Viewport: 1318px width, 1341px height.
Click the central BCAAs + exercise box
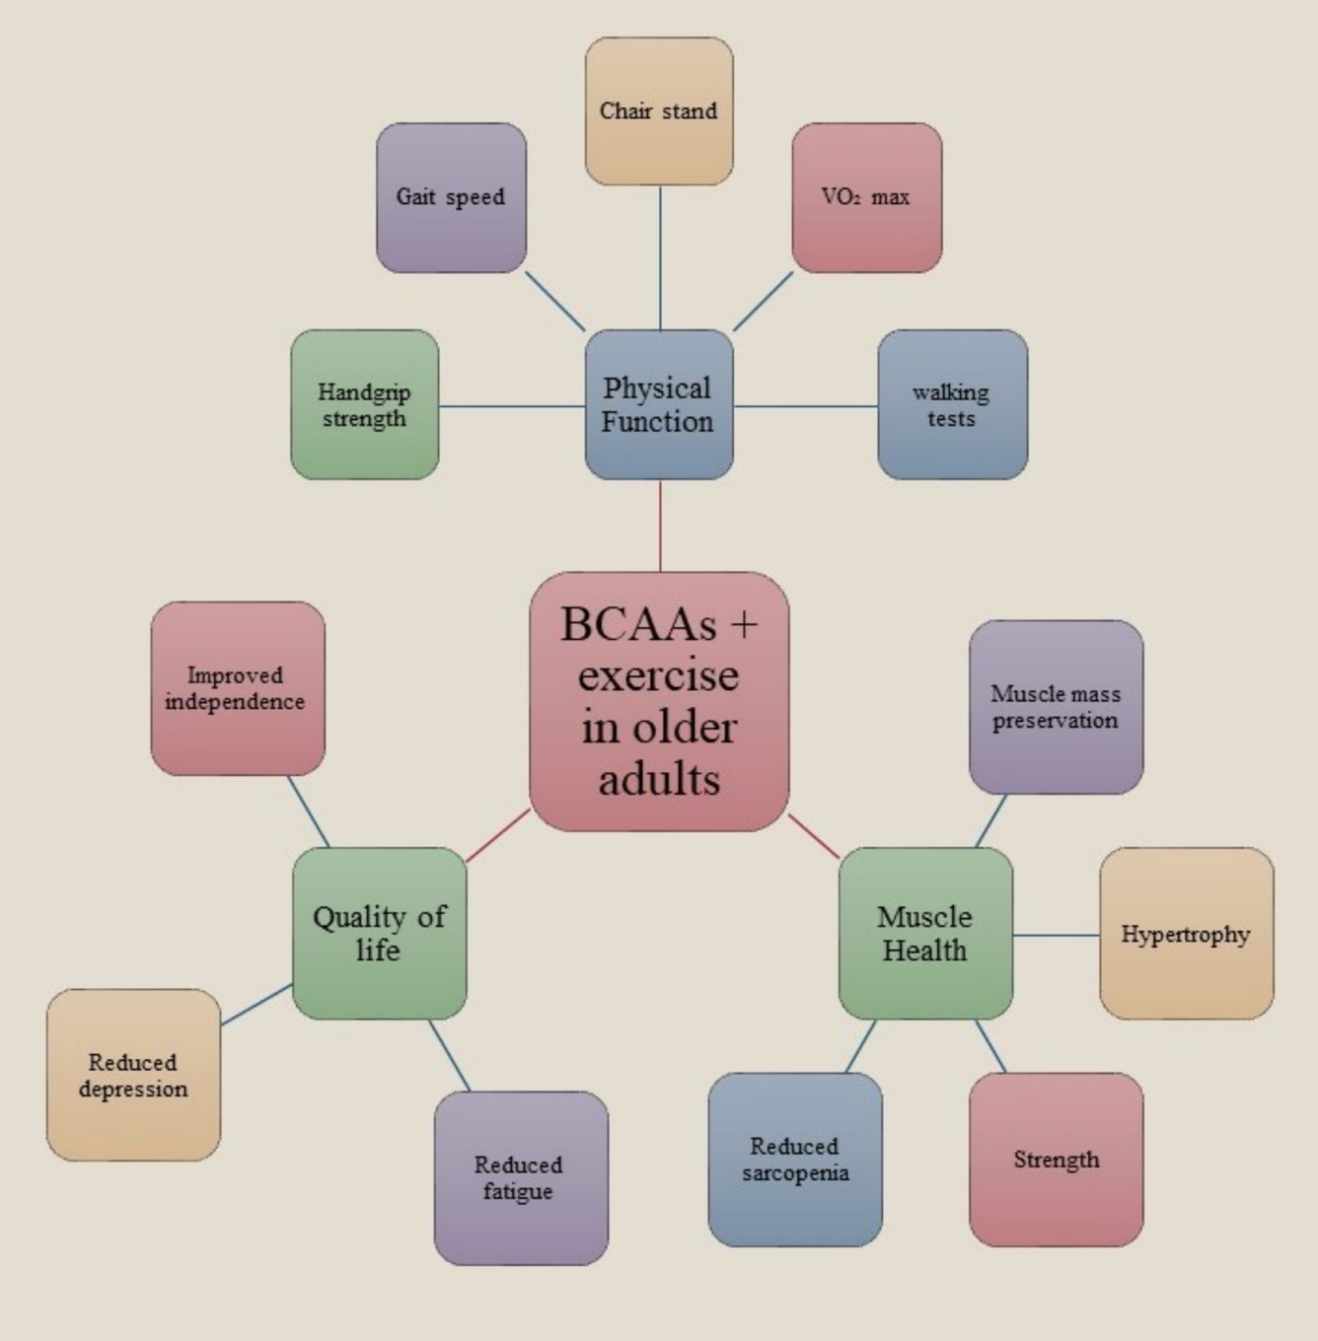pos(659,701)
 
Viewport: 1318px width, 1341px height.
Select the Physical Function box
pos(659,405)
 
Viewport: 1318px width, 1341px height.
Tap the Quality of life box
pos(379,933)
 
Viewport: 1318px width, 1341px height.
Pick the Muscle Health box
pos(925,933)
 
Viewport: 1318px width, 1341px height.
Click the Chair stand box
pos(659,111)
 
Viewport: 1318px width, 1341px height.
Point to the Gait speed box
pos(451,198)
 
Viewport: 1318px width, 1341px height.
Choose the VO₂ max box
pos(867,198)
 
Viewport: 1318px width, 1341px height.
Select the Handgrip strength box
pos(364,405)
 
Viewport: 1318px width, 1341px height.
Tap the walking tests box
pos(952,405)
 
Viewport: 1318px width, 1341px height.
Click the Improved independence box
pos(237,688)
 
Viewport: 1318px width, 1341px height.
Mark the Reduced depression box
pos(133,1075)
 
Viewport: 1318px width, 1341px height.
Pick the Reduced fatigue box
pos(521,1178)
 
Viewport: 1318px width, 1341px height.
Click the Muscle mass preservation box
pos(1056,707)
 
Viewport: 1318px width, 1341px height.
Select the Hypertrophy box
pos(1187,933)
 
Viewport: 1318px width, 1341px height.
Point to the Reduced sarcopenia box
pos(795,1159)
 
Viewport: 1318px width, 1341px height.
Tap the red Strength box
pos(1056,1159)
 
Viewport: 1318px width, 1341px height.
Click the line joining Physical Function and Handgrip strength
pos(512,406)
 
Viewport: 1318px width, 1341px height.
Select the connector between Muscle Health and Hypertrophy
pos(1056,935)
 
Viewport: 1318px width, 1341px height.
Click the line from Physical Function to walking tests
pos(805,406)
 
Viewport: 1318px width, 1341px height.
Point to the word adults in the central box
pos(659,779)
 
